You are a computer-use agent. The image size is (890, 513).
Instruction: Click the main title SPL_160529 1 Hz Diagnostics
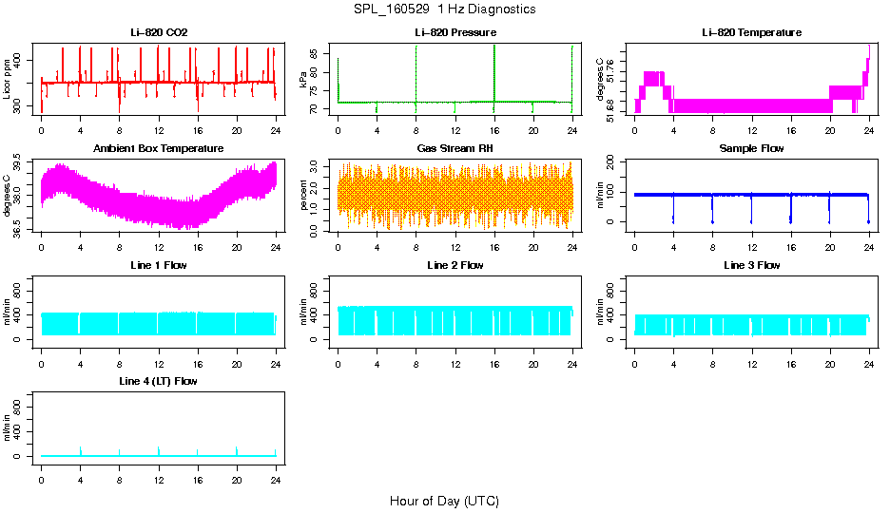point(444,9)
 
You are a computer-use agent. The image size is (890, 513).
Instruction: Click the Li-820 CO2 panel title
point(159,32)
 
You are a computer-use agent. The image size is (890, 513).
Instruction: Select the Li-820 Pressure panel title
point(455,32)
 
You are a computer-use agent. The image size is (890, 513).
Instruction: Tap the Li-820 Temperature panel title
point(751,32)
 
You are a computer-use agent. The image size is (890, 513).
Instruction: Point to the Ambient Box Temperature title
point(159,148)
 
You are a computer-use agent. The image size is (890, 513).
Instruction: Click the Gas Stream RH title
point(455,148)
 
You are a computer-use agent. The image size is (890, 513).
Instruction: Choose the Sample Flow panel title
point(751,148)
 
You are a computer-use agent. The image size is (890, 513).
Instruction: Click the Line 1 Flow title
point(159,265)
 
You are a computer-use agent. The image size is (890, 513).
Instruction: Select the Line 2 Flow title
point(455,265)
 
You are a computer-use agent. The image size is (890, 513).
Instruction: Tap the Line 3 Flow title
point(751,265)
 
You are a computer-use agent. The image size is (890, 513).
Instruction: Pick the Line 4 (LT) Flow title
point(159,381)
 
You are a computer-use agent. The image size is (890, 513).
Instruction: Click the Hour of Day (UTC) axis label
point(444,501)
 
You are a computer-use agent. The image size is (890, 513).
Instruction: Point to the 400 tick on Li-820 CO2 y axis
point(22,60)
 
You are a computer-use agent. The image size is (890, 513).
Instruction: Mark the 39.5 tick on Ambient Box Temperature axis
point(22,165)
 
